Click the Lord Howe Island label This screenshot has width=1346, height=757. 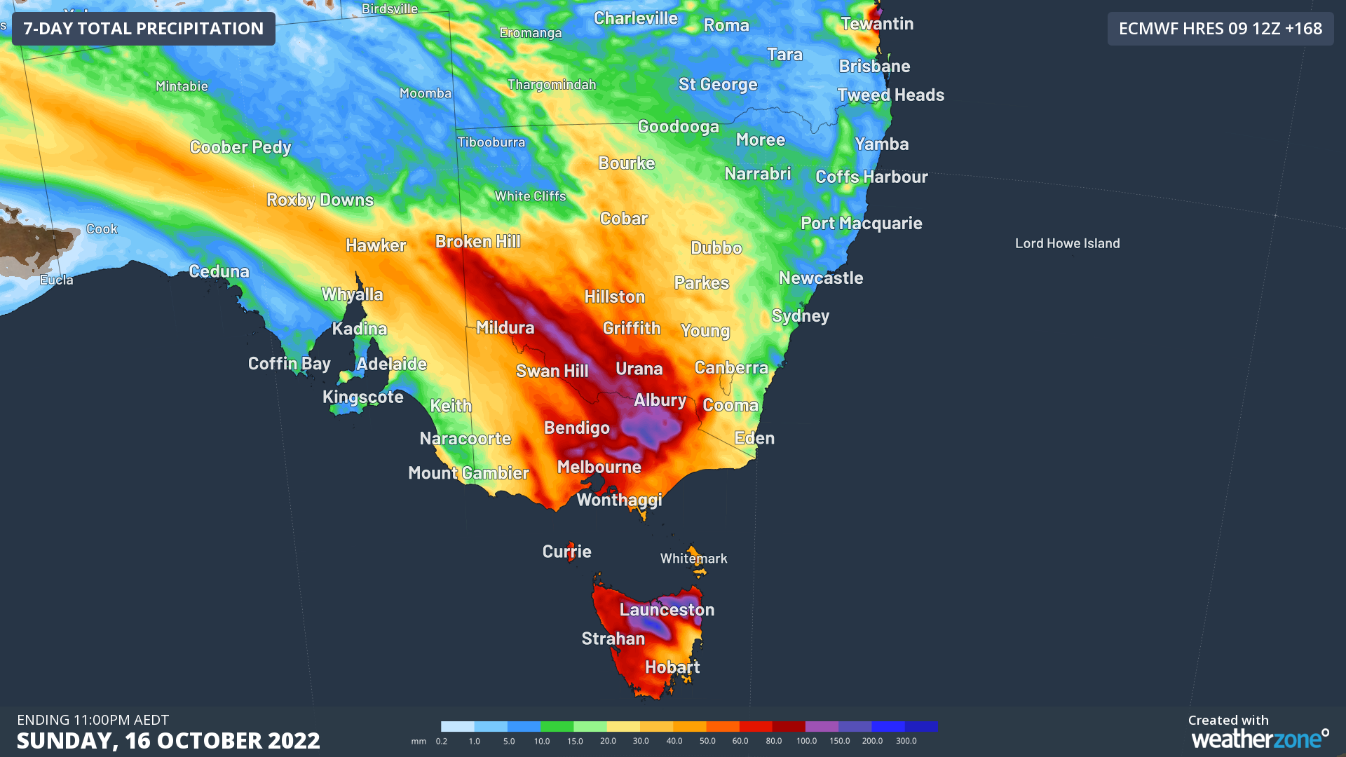coord(1067,243)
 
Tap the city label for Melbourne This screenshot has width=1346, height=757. coord(599,467)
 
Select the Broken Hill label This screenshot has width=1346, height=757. coord(477,241)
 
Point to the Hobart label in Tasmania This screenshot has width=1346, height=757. coord(672,667)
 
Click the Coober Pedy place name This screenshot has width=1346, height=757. coord(240,147)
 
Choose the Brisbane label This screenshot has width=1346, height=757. coord(874,66)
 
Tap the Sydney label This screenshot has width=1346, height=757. coord(800,315)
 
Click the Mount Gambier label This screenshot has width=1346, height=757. coord(468,472)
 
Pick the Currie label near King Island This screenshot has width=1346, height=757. coord(566,552)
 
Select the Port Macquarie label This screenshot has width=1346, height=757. coord(861,223)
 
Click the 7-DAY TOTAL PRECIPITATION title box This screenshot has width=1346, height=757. coord(143,29)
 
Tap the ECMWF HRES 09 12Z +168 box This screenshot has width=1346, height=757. coord(1220,29)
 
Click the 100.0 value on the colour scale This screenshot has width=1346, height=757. coord(806,741)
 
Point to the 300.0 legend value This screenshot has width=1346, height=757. coord(906,741)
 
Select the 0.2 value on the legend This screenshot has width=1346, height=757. coord(442,741)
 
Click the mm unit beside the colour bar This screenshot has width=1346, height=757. coord(419,741)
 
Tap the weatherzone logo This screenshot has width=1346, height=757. coord(1259,738)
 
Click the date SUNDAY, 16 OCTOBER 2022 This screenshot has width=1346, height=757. coord(168,740)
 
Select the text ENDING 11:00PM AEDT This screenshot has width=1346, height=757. coord(93,720)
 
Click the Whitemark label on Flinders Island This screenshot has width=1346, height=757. coord(693,559)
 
